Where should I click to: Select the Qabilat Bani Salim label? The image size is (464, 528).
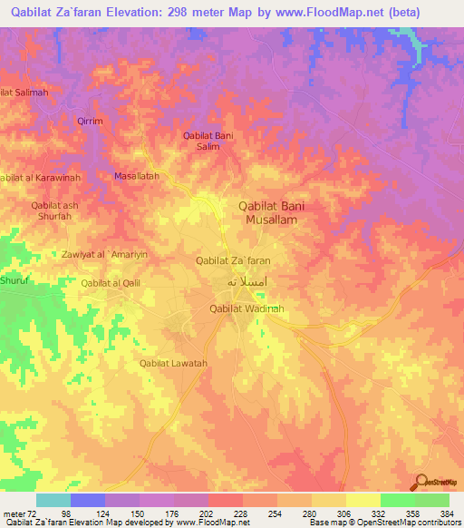[x=208, y=141]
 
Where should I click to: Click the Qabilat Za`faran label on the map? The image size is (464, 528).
[x=233, y=260]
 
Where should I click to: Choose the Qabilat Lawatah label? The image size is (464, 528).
[x=173, y=364]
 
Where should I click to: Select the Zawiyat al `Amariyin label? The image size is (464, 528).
[x=104, y=255]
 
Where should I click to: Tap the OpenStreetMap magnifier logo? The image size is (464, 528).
[x=420, y=483]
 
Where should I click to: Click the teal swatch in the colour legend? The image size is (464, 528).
[x=53, y=500]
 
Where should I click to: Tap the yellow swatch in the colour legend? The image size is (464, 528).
[x=363, y=500]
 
